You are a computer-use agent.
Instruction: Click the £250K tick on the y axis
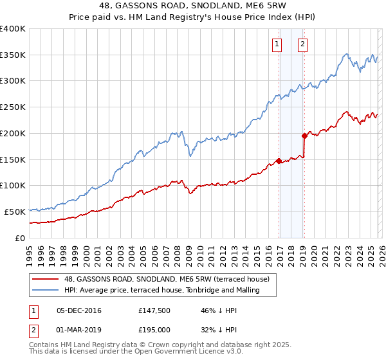click(x=12, y=107)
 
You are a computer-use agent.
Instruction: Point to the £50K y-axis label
click(x=14, y=212)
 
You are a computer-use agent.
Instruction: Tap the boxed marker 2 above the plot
click(x=302, y=44)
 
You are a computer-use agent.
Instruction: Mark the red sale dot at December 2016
click(x=279, y=161)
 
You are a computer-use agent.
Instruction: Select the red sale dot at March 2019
click(x=304, y=136)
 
